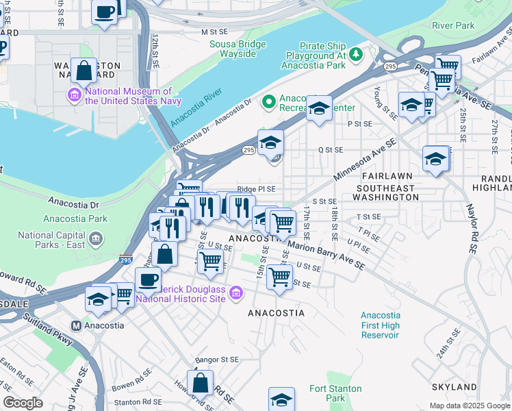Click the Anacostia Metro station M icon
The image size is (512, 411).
tap(77, 325)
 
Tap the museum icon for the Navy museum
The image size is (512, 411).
tap(74, 95)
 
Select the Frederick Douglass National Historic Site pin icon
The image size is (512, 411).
tap(237, 293)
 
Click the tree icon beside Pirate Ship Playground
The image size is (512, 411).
tap(355, 53)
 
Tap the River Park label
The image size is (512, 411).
tap(453, 26)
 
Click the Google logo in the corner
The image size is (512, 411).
tap(23, 402)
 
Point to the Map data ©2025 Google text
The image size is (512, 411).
tap(470, 406)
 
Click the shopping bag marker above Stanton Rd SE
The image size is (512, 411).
tap(200, 383)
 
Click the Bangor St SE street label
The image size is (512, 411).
tap(217, 359)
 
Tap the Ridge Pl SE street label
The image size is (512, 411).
tap(256, 189)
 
